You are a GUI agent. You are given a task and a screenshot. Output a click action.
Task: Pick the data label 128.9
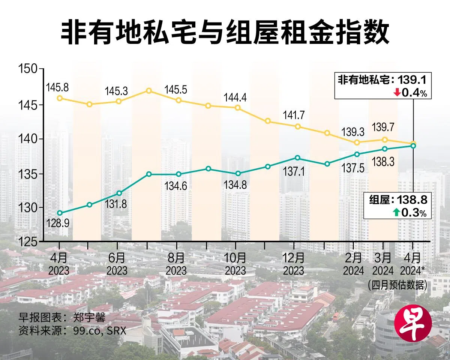58,223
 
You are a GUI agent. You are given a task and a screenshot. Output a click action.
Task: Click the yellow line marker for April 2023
60,98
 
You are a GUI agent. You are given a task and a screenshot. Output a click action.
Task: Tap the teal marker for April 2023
60,213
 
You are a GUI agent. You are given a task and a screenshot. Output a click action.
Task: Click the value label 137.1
294,172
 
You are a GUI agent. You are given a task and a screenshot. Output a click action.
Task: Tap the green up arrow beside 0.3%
396,213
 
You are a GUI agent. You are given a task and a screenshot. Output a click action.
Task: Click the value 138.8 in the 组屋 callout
414,200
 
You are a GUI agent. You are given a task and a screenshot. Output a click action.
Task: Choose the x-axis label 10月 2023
235,264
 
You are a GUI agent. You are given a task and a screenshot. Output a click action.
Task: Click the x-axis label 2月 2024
353,264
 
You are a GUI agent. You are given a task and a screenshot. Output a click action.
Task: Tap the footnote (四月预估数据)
397,285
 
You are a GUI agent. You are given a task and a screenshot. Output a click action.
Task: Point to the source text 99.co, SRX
93,331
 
